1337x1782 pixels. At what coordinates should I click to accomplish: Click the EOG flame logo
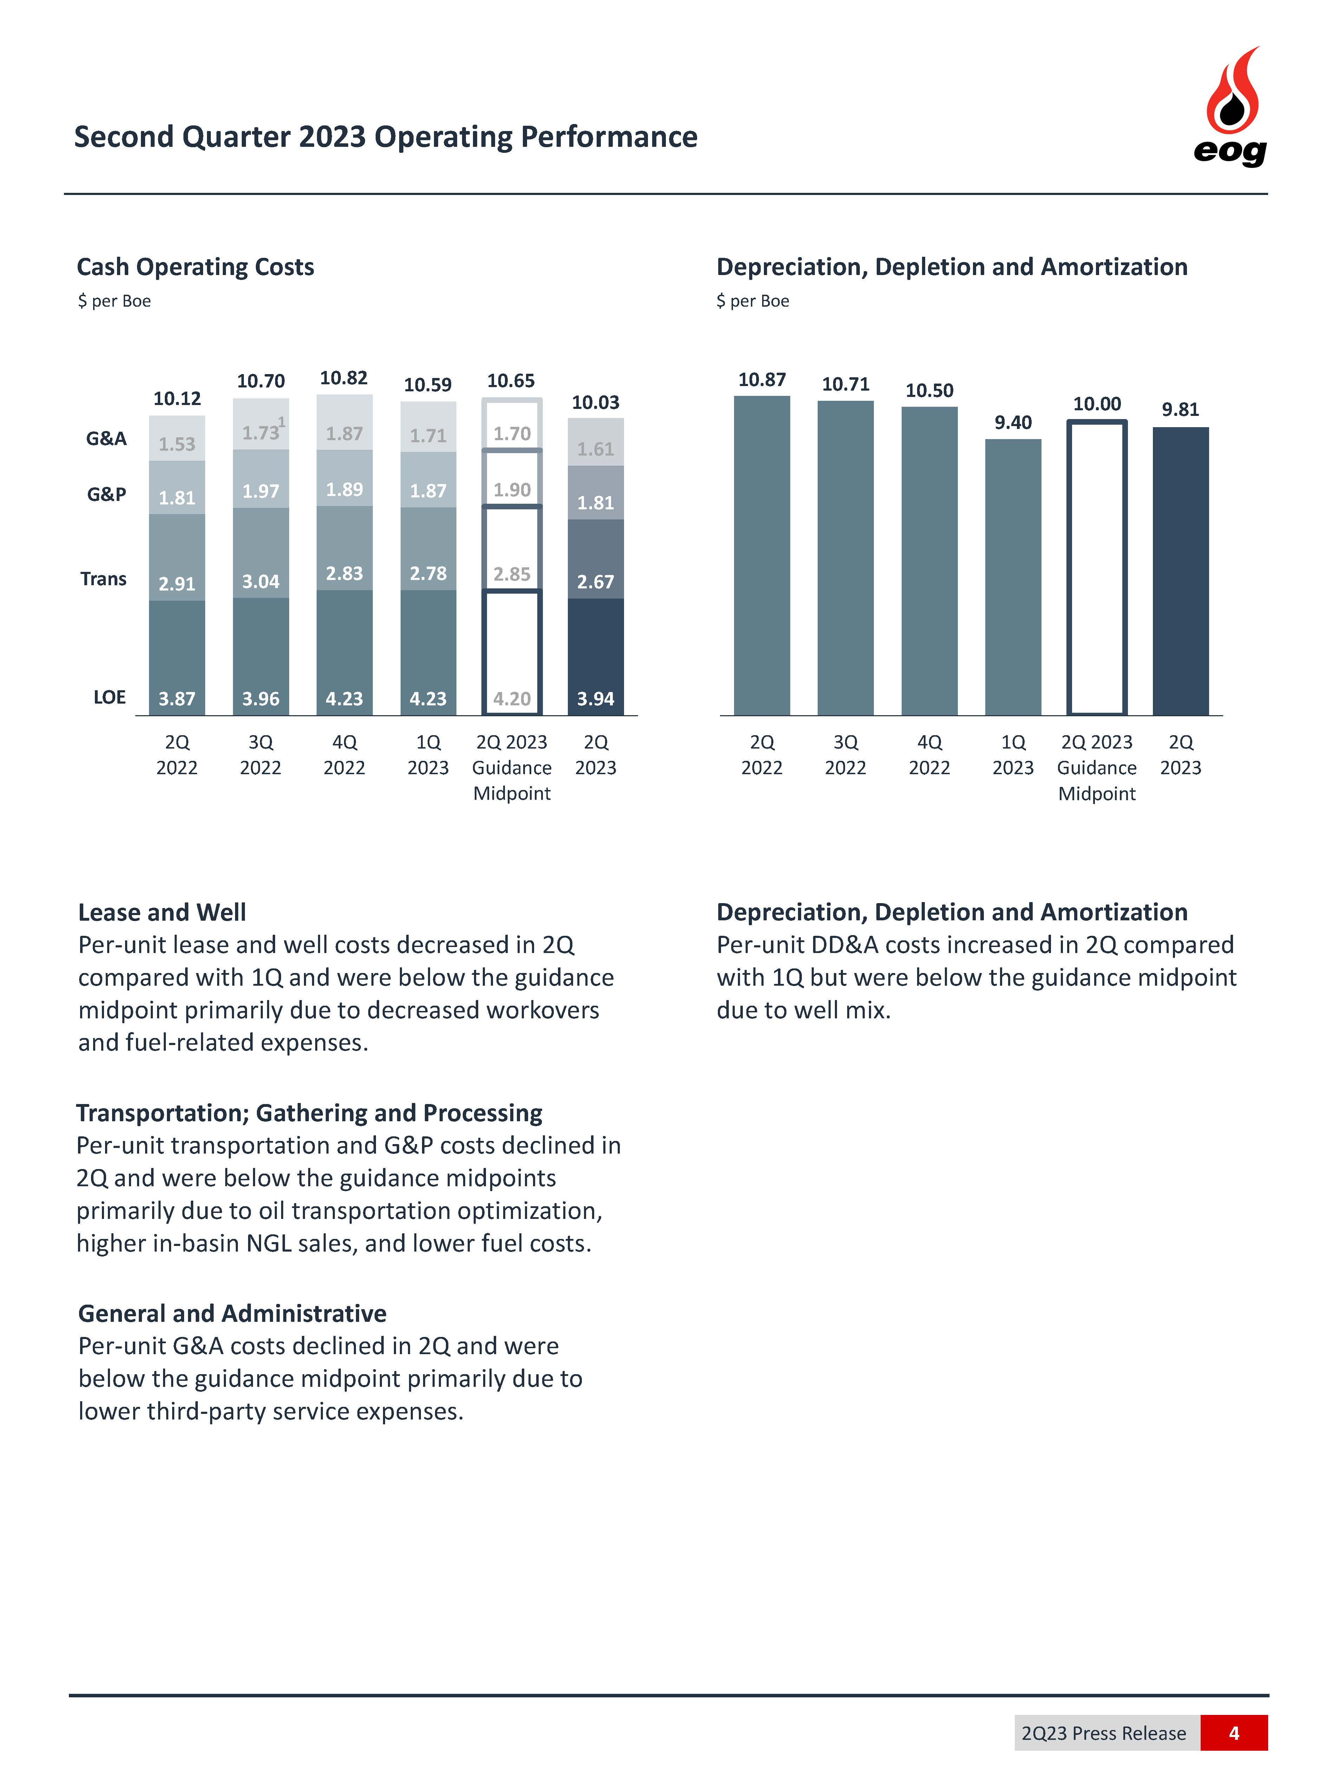(1231, 105)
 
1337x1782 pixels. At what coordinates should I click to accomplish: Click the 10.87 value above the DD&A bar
(761, 379)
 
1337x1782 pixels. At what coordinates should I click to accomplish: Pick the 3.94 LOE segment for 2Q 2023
(596, 657)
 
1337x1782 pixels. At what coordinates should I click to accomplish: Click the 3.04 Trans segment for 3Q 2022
(260, 554)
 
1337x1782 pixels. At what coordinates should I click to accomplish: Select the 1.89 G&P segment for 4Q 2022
(344, 478)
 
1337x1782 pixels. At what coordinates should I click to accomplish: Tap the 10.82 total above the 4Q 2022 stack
(344, 378)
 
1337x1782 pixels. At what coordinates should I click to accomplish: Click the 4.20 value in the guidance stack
(512, 698)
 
